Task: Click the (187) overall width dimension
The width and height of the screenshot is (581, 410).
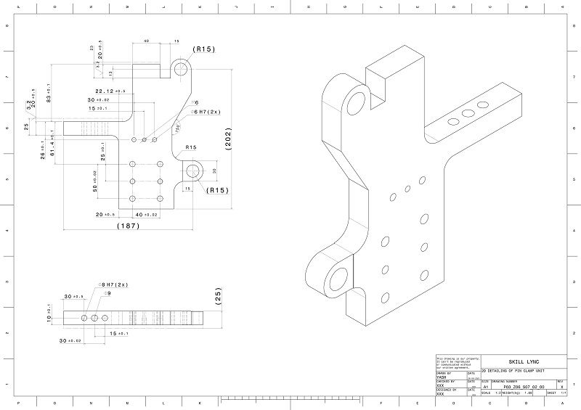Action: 128,226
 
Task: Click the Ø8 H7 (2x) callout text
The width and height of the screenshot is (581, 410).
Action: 113,284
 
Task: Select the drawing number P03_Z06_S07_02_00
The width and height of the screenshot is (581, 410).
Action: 523,387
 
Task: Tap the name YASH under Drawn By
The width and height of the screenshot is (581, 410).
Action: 441,377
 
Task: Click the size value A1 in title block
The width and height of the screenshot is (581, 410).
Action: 485,388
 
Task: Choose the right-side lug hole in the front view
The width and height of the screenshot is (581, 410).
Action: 193,171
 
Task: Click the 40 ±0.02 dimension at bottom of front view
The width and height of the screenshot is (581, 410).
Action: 146,215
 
